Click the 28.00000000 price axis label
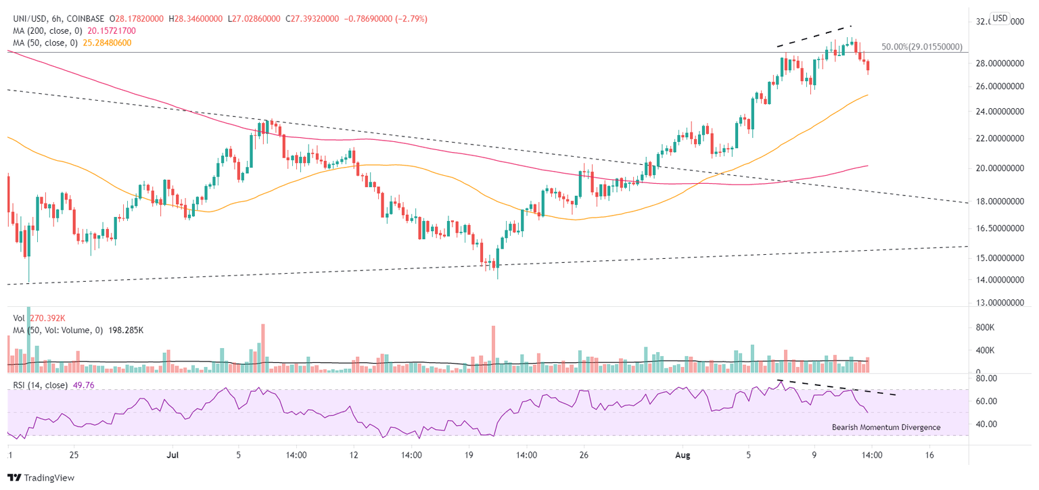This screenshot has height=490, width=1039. [999, 64]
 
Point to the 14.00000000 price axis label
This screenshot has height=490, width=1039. [999, 280]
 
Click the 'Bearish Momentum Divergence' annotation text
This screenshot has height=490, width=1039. [886, 427]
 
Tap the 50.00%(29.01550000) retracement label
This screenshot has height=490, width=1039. [921, 48]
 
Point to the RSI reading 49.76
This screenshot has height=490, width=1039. [78, 386]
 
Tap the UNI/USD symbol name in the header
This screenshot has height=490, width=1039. [26, 19]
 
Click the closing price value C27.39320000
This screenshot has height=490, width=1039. [315, 19]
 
